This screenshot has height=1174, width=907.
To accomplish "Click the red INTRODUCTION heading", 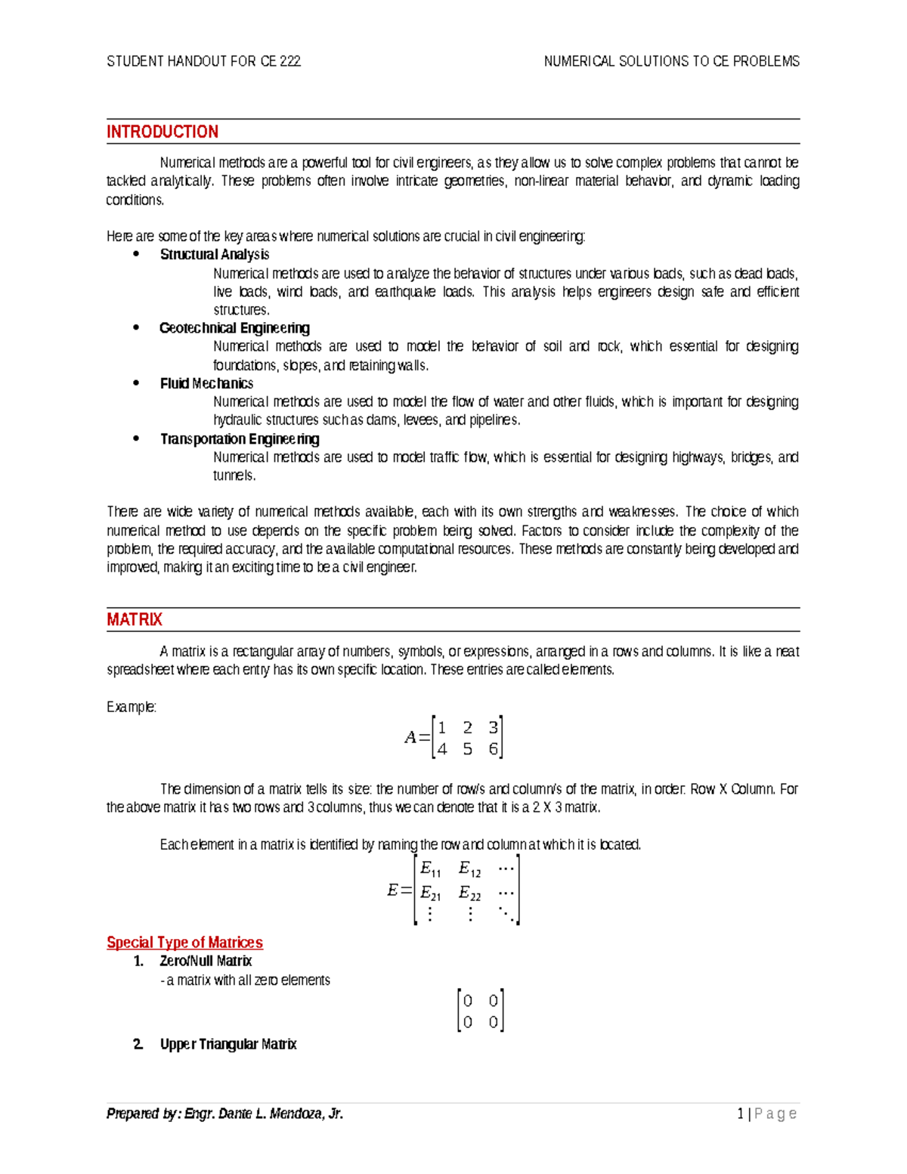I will pyautogui.click(x=162, y=132).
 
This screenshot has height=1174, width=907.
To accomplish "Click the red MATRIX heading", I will pyautogui.click(x=134, y=620).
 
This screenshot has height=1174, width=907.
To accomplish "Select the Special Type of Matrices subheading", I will pyautogui.click(x=184, y=943).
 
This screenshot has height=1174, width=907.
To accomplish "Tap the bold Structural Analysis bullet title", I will pyautogui.click(x=214, y=255).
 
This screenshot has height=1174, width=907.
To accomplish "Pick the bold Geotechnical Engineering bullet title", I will pyautogui.click(x=234, y=328).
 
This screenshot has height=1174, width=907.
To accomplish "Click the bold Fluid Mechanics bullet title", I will pyautogui.click(x=206, y=384).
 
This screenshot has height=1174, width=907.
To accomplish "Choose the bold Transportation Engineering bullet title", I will pyautogui.click(x=239, y=439).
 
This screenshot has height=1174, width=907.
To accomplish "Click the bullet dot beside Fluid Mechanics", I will pyautogui.click(x=136, y=383).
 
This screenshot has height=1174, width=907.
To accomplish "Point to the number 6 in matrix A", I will pyautogui.click(x=493, y=749).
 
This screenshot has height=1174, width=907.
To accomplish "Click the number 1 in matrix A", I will pyautogui.click(x=442, y=727).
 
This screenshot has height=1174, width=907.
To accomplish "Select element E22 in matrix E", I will pyautogui.click(x=469, y=894).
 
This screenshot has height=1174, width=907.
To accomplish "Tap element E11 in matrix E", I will pyautogui.click(x=430, y=869).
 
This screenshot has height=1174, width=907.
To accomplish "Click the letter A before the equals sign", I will pyautogui.click(x=410, y=738).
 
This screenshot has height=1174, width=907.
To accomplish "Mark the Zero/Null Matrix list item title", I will pyautogui.click(x=206, y=962).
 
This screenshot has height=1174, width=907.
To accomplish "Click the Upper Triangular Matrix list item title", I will pyautogui.click(x=228, y=1045).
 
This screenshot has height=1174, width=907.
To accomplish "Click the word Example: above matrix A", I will pyautogui.click(x=132, y=708).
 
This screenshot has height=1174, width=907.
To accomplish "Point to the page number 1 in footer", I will pyautogui.click(x=741, y=1114).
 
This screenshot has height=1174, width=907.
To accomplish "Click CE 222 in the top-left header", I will pyautogui.click(x=280, y=61).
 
